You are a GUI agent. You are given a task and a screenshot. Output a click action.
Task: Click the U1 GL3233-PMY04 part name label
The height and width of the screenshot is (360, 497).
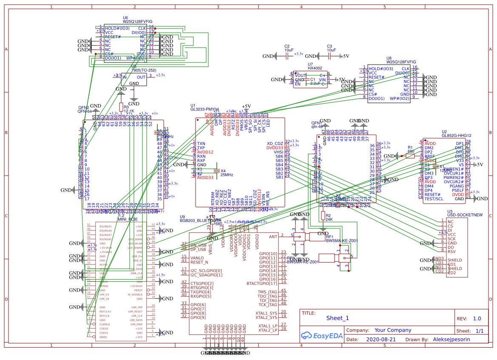coord(204,109)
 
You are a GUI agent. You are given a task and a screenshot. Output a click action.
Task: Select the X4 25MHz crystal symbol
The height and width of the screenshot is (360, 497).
coord(217,171)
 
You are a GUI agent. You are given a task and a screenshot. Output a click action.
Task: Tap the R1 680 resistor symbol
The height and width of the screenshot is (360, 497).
coord(410,156)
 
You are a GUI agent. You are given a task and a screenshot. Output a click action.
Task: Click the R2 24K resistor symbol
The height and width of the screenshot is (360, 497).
coord(323,215)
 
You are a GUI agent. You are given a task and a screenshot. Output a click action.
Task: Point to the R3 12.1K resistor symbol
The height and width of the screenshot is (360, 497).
coord(121,106)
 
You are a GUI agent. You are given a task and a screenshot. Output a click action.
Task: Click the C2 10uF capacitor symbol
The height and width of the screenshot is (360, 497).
coord(287,55)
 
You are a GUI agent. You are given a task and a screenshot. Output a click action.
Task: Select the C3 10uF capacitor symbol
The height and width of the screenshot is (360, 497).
coord(329,55)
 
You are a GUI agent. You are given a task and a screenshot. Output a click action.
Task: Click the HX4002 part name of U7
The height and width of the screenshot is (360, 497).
coord(315,68)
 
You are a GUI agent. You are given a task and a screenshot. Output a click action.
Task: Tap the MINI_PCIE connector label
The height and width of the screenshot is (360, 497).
coord(128,220)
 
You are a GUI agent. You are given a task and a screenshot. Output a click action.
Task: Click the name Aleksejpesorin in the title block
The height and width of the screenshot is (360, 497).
coord(452,340)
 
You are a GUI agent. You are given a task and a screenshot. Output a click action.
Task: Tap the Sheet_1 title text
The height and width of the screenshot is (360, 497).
coord(337,318)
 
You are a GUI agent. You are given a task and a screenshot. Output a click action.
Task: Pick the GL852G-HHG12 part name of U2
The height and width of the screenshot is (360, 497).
coord(456,136)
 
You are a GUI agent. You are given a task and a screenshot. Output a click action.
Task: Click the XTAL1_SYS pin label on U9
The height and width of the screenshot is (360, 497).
coord(266,313)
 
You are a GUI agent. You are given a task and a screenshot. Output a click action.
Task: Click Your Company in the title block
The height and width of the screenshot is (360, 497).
coord(392,330)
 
